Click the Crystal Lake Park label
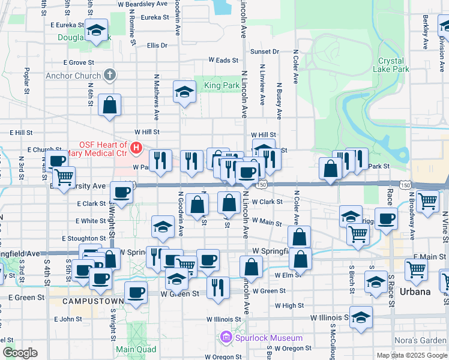click(393, 65)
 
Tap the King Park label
click(221, 86)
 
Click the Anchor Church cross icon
click(109, 75)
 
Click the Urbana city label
click(415, 292)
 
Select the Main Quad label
click(136, 349)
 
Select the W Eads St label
click(223, 60)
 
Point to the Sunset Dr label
click(265, 52)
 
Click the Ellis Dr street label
click(157, 45)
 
